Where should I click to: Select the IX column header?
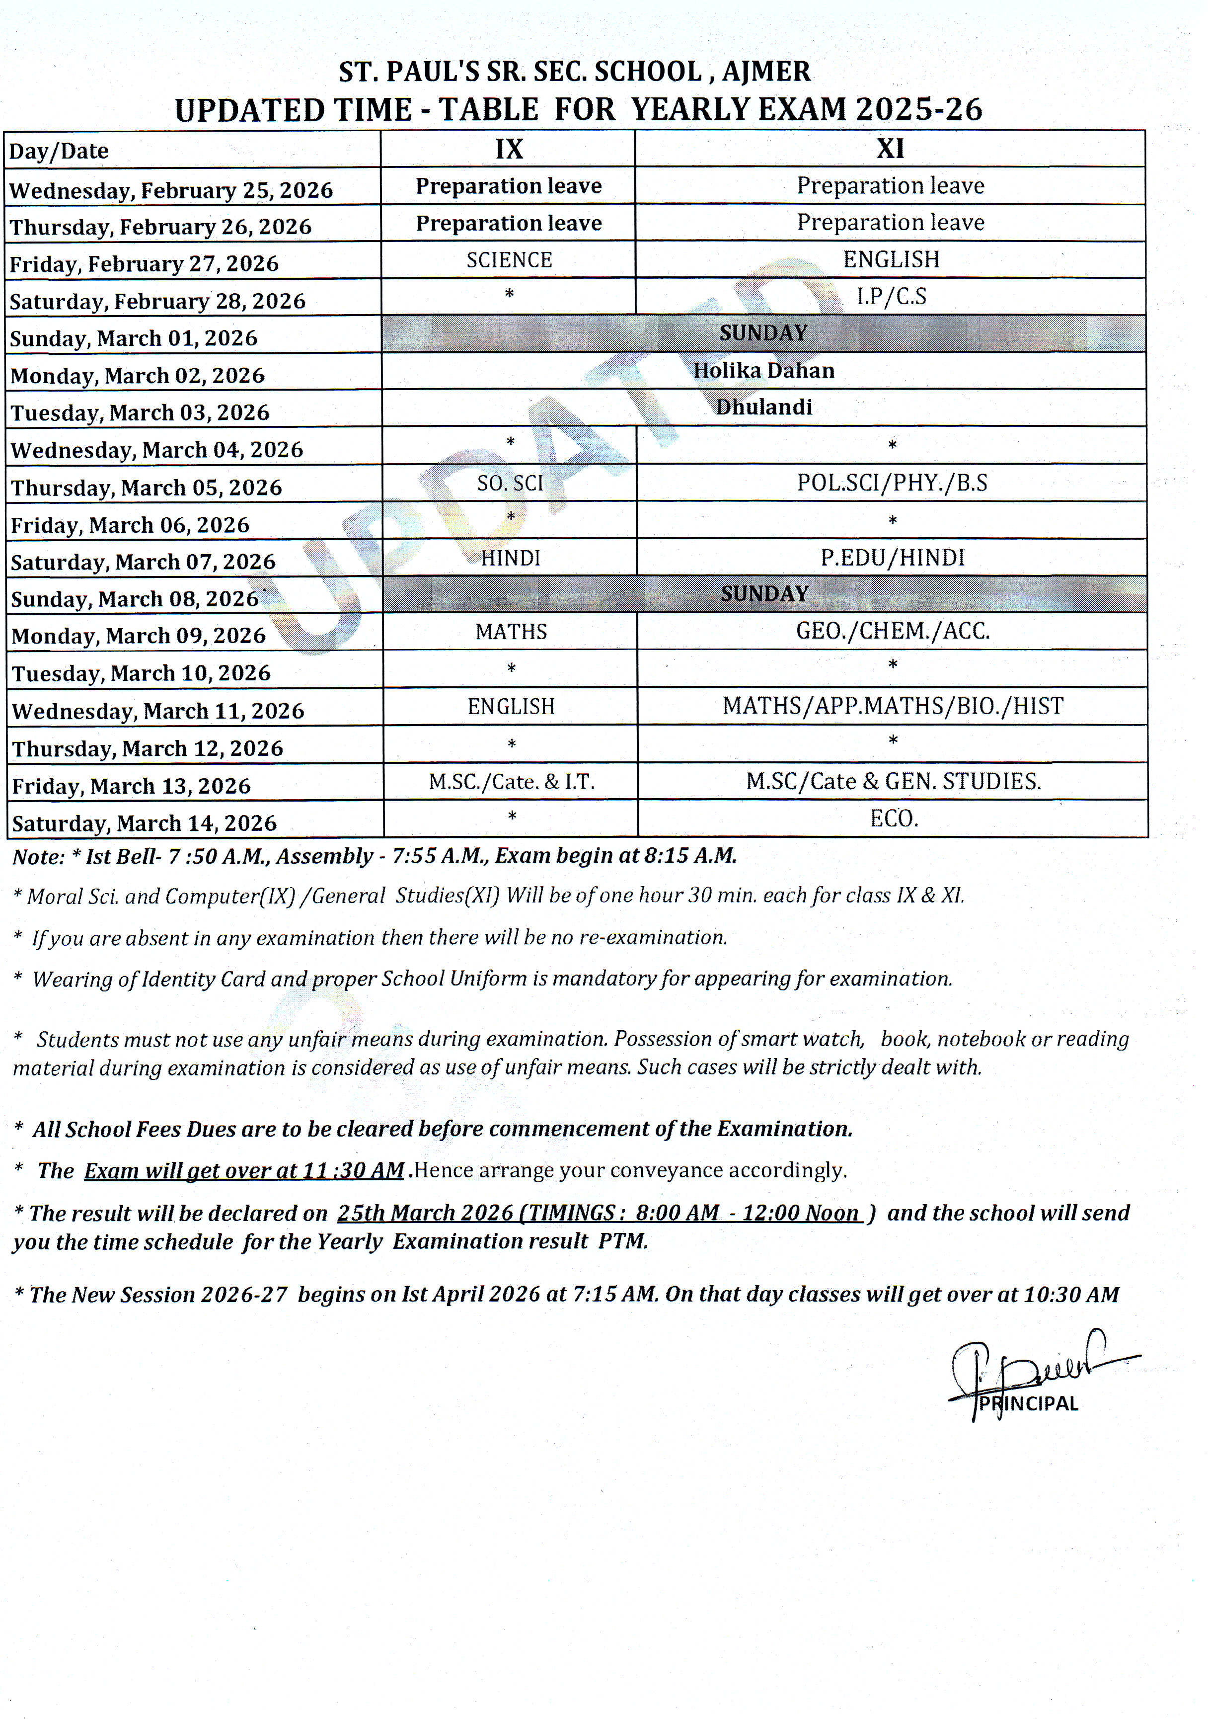[x=509, y=149]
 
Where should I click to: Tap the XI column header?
[x=890, y=149]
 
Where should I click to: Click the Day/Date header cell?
[x=59, y=151]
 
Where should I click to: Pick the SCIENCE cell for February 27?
[x=509, y=260]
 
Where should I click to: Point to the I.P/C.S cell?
[x=891, y=297]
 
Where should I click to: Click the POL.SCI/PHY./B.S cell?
[x=892, y=483]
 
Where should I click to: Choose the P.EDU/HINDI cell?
[x=892, y=557]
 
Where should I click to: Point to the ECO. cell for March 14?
[x=894, y=819]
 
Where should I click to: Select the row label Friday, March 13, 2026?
[x=131, y=786]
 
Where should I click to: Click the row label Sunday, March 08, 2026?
[x=135, y=599]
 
